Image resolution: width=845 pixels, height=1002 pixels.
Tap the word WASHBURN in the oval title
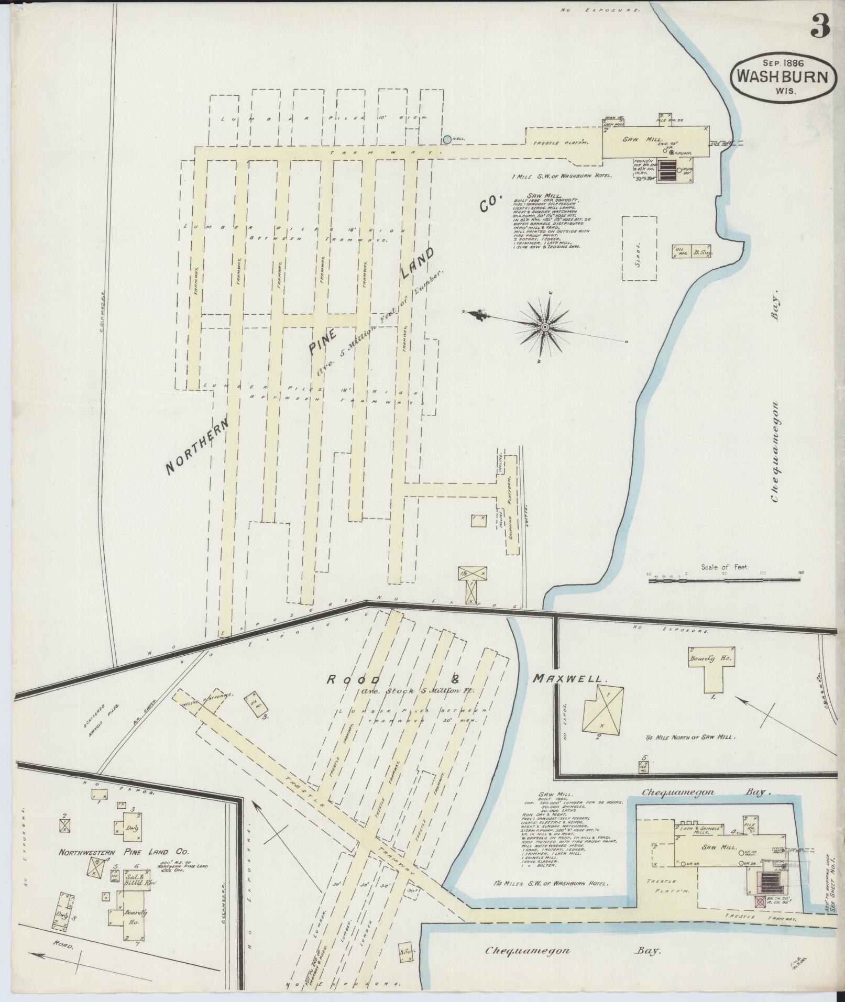pyautogui.click(x=783, y=77)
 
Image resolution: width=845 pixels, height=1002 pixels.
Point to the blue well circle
pyautogui.click(x=446, y=139)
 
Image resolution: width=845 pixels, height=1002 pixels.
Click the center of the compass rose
pyautogui.click(x=545, y=327)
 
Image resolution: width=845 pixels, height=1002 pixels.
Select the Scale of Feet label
pyautogui.click(x=725, y=567)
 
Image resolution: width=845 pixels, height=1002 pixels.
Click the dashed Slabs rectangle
pyautogui.click(x=639, y=249)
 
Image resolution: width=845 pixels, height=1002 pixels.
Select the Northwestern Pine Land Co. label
pyautogui.click(x=120, y=853)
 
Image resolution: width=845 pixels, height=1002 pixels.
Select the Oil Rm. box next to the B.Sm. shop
pyautogui.click(x=680, y=251)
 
